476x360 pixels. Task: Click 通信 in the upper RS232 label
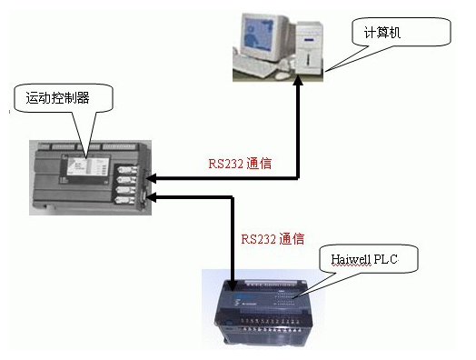point(260,165)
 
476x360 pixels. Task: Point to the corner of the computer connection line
point(298,179)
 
